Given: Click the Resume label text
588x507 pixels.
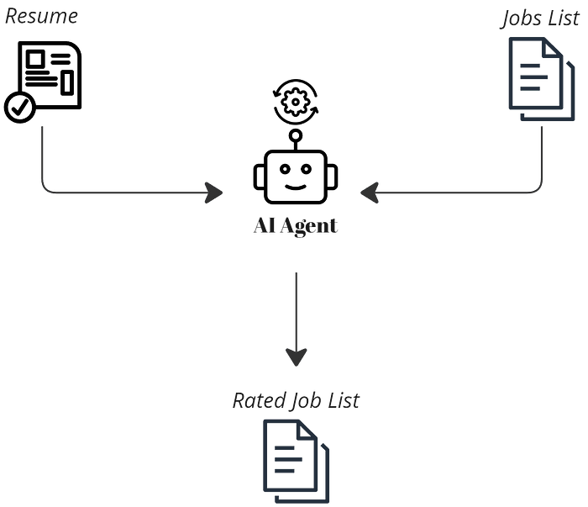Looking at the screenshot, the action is pos(41,17).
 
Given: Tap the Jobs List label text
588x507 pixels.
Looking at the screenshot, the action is pos(540,18).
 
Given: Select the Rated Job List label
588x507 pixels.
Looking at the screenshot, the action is pos(296,400).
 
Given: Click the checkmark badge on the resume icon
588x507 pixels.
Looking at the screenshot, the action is pos(20,107).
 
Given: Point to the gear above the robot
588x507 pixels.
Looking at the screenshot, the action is pos(296,102).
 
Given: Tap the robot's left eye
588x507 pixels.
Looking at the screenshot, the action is pos(285,169).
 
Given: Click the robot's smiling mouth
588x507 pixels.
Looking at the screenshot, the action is pos(296,187).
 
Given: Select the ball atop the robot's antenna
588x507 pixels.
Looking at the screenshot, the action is pos(296,135).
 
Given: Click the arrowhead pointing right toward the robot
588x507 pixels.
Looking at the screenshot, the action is pos(213,193).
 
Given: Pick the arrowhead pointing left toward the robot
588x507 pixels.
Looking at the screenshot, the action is pos(370,193).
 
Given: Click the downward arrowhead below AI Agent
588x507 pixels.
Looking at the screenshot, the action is pos(297,357).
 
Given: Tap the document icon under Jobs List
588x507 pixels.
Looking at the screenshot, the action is pos(542,79).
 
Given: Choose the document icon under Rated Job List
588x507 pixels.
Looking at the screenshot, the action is pos(297,462).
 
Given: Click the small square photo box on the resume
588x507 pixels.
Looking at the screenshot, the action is pos(35,60).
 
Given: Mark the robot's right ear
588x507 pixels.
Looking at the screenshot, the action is pos(333,177).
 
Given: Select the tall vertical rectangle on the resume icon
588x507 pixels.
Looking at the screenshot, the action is pos(67,82).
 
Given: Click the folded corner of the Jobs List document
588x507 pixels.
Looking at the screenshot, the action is pos(553,48).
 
